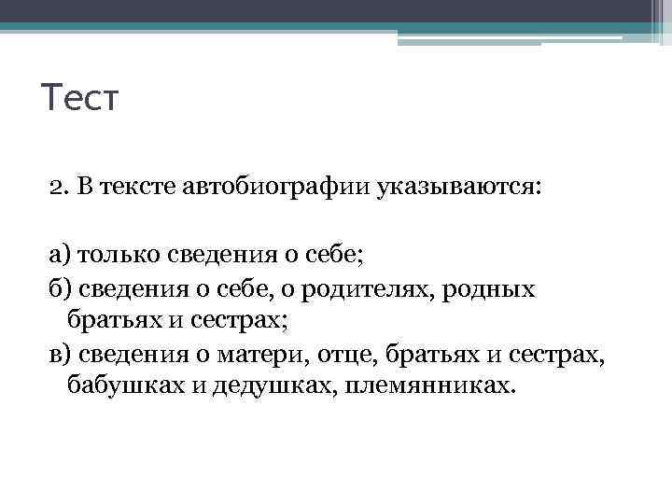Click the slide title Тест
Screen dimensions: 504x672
click(81, 97)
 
